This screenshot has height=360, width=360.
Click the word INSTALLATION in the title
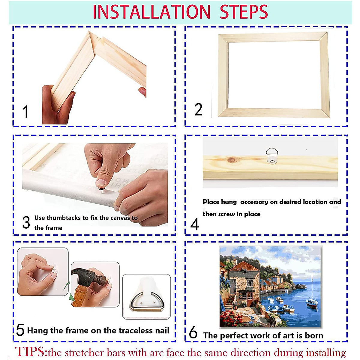coord(151,12)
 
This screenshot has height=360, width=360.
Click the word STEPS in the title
coord(244,12)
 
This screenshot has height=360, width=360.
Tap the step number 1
coord(25,112)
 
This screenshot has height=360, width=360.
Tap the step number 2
coord(198,109)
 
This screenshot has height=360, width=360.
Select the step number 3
coord(26,223)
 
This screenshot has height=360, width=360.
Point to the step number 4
coord(195,225)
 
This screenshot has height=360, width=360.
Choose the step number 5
coord(20,330)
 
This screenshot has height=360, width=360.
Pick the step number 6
coord(193,333)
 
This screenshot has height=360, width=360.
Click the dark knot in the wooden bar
coord(232,160)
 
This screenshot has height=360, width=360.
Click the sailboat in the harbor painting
coord(312,301)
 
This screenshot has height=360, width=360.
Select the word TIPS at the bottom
coord(31,352)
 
